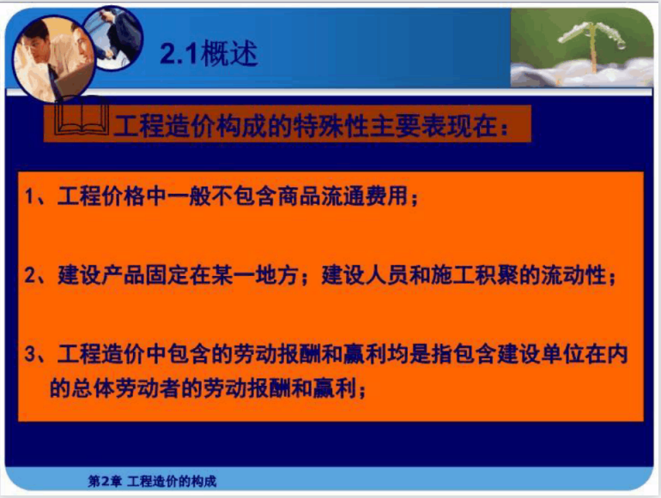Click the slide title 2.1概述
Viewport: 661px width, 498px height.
click(209, 54)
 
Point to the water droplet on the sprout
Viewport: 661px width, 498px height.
click(621, 45)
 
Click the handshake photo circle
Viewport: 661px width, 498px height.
click(113, 37)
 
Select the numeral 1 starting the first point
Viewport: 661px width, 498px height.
click(28, 196)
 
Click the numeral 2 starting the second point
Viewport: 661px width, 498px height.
click(29, 275)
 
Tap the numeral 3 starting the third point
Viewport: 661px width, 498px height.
click(29, 354)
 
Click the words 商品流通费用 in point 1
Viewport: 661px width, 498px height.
click(343, 195)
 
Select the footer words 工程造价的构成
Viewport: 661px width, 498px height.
click(172, 481)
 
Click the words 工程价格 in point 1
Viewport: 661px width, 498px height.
click(101, 195)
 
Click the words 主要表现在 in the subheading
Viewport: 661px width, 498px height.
click(433, 125)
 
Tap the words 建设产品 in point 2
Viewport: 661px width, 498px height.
click(101, 275)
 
